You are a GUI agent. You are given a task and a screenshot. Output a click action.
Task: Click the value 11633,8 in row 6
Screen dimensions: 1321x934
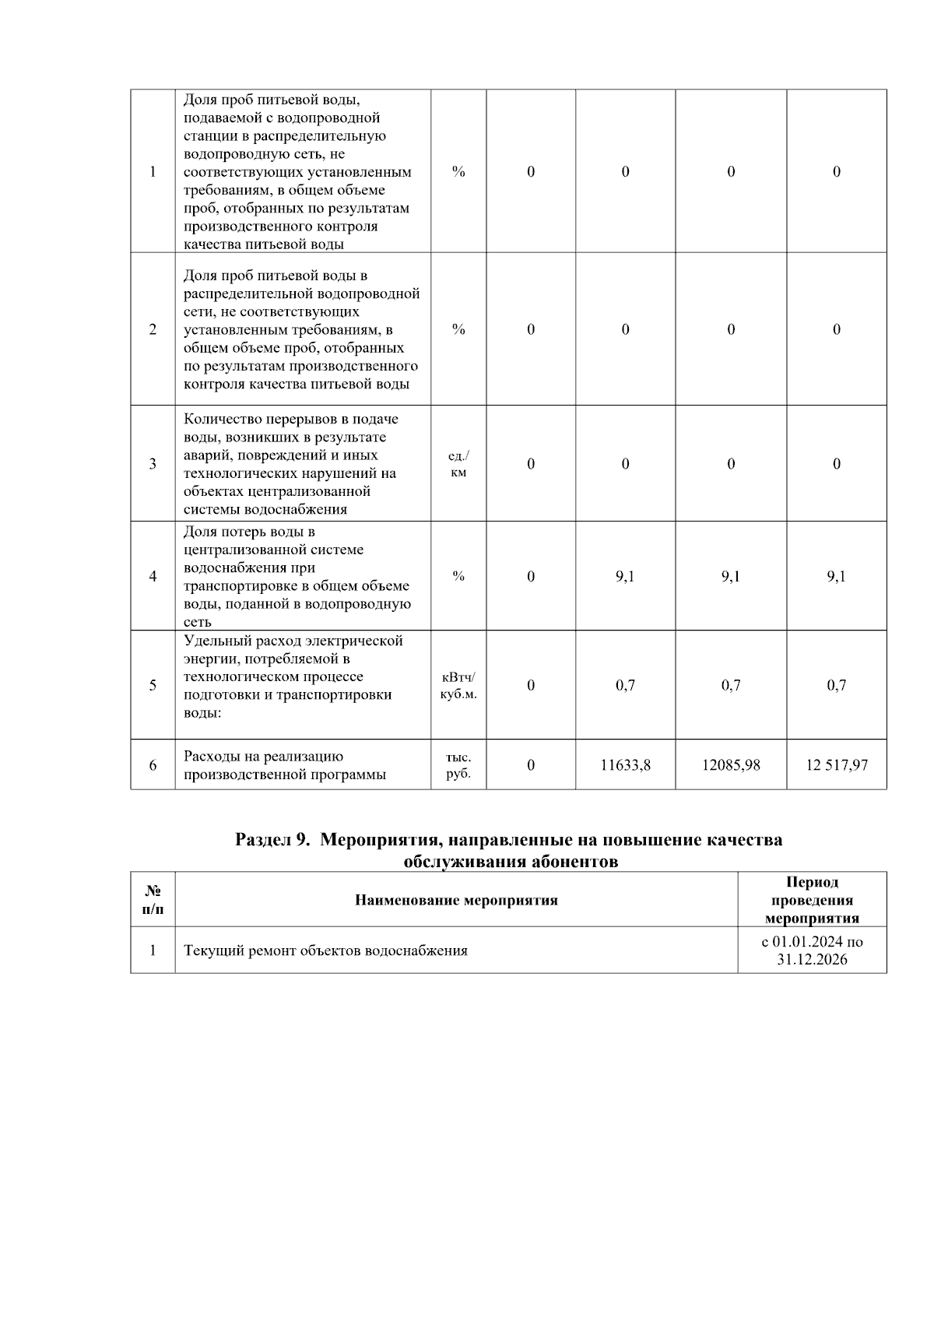[625, 765]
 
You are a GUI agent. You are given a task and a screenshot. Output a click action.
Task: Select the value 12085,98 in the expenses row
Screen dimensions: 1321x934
[730, 765]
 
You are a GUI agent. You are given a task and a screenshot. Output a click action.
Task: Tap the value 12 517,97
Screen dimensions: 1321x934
[836, 765]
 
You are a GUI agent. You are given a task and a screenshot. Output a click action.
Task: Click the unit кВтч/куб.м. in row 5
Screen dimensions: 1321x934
[458, 686]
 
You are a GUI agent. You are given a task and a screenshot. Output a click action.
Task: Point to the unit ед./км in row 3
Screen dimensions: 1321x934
[458, 464]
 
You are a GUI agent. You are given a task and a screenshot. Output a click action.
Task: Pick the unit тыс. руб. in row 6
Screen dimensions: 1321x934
[458, 765]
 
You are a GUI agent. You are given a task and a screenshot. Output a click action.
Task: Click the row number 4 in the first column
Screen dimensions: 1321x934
[153, 577]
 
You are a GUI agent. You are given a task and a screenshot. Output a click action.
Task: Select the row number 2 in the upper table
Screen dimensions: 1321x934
[153, 329]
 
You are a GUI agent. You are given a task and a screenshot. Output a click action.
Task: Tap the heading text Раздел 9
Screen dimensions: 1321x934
[272, 841]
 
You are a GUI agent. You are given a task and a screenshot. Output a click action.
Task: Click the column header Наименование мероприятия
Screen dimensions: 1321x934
[456, 901]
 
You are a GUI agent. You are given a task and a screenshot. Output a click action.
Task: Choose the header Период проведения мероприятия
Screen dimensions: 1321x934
[812, 901]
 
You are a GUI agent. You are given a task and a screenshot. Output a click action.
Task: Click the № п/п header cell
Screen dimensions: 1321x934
[153, 901]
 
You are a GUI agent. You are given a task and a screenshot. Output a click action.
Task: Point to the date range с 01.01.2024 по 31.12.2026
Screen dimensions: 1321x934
[812, 950]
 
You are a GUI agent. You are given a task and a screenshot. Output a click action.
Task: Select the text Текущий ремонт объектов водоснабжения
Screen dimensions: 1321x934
[325, 950]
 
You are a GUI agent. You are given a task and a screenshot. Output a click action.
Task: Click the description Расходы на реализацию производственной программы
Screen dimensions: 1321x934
[285, 765]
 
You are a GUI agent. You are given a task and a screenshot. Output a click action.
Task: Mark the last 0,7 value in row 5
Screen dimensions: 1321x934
[836, 686]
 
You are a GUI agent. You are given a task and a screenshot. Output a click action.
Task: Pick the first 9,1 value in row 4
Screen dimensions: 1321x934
[625, 577]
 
